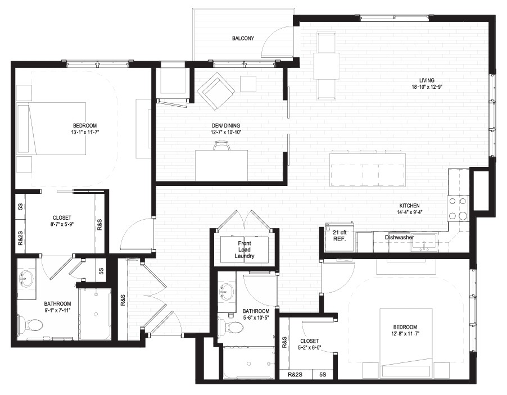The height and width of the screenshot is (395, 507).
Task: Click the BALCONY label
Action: coord(243,38)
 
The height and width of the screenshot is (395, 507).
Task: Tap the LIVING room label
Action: coord(427,80)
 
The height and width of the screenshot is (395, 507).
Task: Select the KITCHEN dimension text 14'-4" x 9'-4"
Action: coord(409,212)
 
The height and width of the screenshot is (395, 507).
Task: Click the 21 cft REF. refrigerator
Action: coord(339,237)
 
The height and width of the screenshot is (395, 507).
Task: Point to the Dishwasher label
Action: coord(399,237)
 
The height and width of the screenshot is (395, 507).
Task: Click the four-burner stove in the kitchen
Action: coord(458,208)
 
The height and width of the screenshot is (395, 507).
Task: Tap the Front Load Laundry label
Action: coord(245,249)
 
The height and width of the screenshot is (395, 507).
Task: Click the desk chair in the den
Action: coord(222,146)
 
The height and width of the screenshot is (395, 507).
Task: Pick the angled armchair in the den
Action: coord(215,90)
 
